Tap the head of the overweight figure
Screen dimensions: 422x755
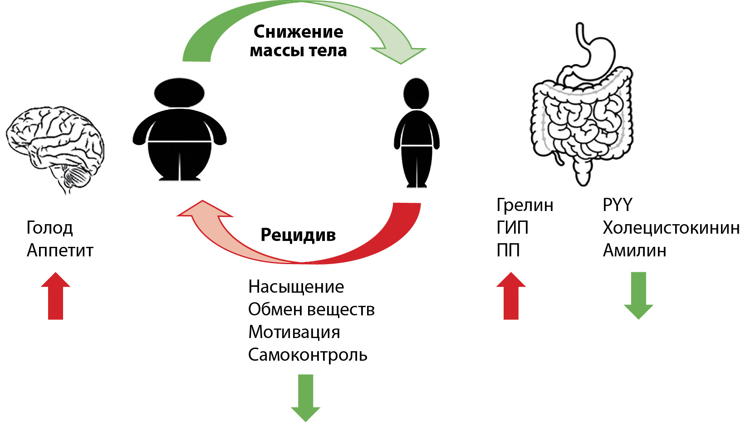(x=179, y=93)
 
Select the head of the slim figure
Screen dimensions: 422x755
(x=416, y=93)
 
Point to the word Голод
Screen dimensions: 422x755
(x=49, y=228)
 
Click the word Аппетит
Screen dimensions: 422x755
(x=60, y=250)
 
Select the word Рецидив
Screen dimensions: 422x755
(x=298, y=235)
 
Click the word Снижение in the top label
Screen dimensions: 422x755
(x=298, y=32)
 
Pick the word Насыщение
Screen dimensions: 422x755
(x=296, y=287)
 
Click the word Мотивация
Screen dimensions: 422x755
(x=294, y=332)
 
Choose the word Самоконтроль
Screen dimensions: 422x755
(x=308, y=355)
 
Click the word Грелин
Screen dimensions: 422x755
(x=525, y=205)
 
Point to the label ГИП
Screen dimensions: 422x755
(x=513, y=228)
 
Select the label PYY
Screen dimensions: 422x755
(x=618, y=205)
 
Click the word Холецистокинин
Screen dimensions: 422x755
(x=671, y=228)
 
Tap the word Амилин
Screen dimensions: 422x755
(x=634, y=250)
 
